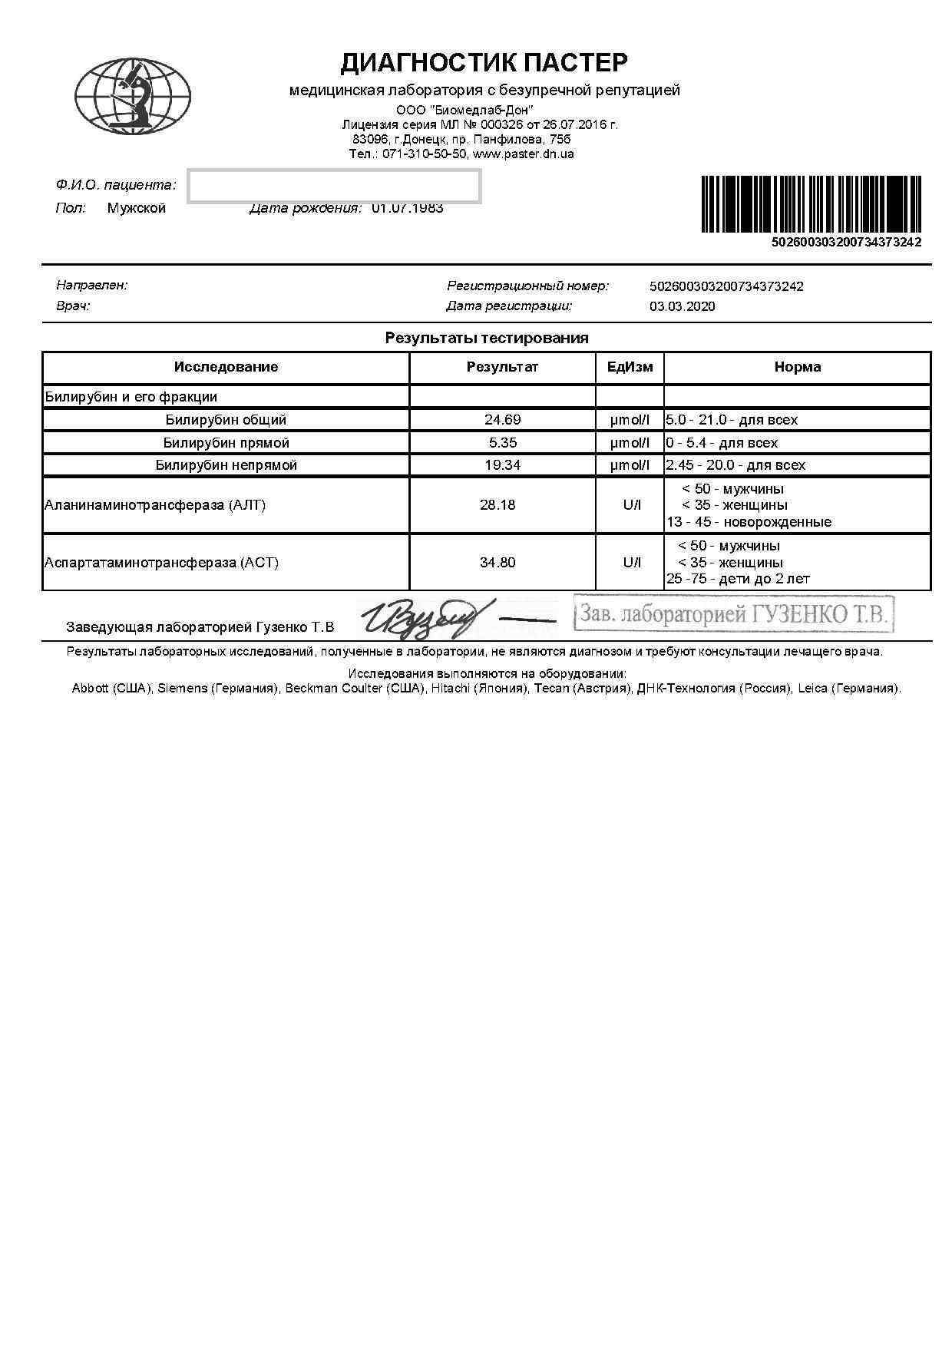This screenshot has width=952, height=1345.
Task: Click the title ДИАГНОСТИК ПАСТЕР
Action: [x=484, y=62]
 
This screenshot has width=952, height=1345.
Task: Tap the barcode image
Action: [x=811, y=204]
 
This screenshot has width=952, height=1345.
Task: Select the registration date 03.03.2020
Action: [x=682, y=306]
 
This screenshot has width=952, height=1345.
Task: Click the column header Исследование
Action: [x=226, y=367]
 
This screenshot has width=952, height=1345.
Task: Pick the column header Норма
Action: [x=797, y=367]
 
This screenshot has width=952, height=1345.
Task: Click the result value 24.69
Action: [x=502, y=420]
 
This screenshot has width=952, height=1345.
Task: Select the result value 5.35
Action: [x=502, y=443]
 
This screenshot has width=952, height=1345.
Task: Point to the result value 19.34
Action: [x=502, y=465]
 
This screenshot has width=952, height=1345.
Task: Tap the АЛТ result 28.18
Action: [x=497, y=505]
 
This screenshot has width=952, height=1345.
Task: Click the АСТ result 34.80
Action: [x=497, y=563]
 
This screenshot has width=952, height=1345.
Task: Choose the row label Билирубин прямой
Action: [x=226, y=443]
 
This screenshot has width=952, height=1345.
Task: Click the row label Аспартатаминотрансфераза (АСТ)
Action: [x=161, y=563]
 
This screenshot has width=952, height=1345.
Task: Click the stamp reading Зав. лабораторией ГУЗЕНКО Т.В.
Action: [x=734, y=614]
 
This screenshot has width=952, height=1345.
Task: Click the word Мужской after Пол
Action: [x=136, y=208]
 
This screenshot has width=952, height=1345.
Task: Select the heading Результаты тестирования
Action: [x=487, y=338]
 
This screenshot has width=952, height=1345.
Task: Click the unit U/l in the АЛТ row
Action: [x=631, y=505]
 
